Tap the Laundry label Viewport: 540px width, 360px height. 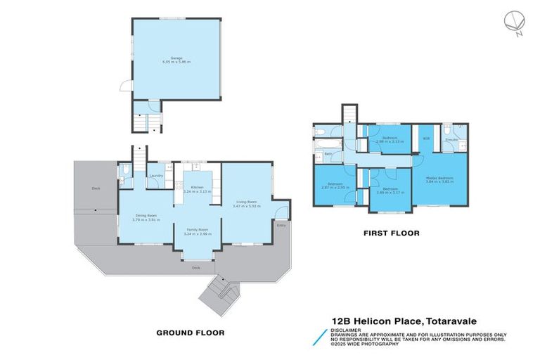[156, 176]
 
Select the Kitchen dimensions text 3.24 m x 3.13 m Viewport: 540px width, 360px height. [193, 191]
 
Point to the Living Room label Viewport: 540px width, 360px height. [246, 202]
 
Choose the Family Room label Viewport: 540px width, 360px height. [192, 230]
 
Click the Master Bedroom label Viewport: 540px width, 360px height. [438, 178]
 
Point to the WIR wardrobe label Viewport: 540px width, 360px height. [426, 139]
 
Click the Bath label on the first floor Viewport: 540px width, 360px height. [328, 153]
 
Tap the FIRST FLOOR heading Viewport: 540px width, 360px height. [391, 233]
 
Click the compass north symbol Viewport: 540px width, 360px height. [513, 23]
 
